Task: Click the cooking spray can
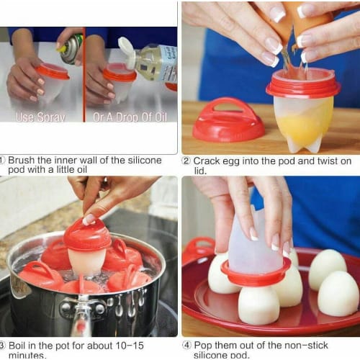pos(71,49)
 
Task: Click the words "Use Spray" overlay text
pos(40,117)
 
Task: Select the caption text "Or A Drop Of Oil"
pos(130,117)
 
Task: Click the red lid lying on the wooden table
pos(228,120)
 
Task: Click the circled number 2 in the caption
pos(186,161)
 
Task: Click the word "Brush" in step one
pos(21,160)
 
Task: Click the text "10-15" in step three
pos(130,346)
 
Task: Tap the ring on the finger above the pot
pos(105,180)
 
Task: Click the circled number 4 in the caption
pos(186,346)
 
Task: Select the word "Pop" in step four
pos(203,346)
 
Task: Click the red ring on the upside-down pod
pos(256,274)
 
